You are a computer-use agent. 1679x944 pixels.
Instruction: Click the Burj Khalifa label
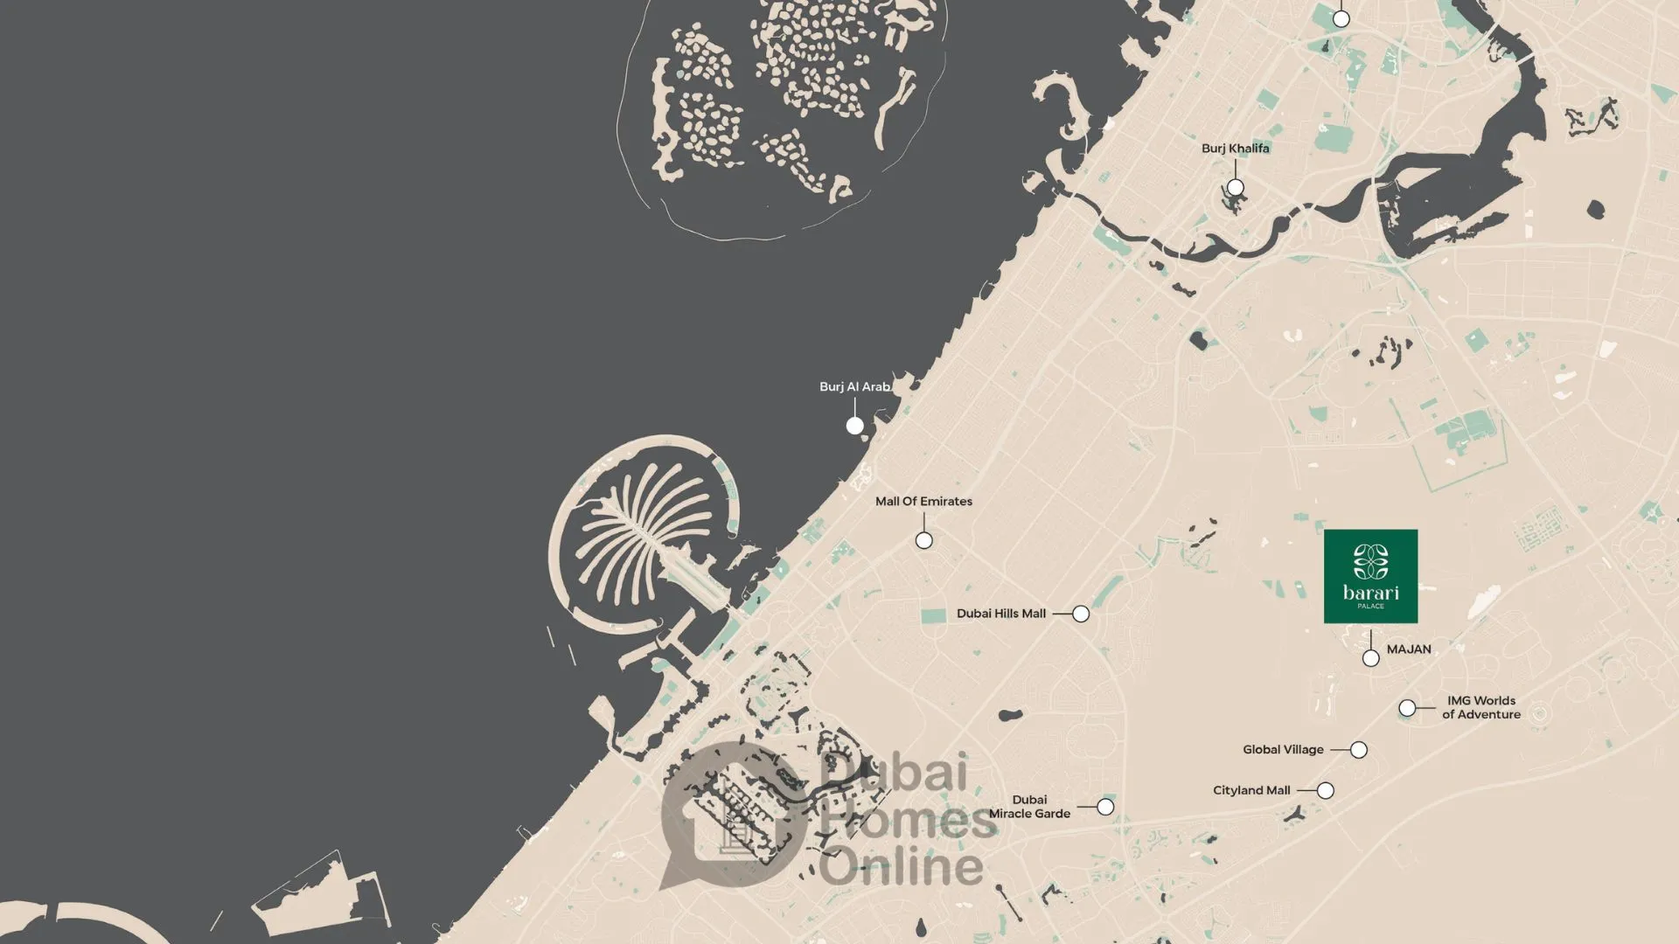(x=1235, y=149)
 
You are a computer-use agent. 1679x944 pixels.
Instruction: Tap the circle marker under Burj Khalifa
(x=1235, y=187)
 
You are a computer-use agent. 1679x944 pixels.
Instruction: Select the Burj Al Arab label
(x=854, y=386)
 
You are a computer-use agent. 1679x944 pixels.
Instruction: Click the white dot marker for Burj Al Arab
(x=854, y=426)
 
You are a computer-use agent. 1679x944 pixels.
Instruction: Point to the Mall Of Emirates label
(x=923, y=501)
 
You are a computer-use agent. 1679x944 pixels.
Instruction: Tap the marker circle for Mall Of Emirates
(x=923, y=540)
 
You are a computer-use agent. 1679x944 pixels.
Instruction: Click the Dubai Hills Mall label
(x=1000, y=614)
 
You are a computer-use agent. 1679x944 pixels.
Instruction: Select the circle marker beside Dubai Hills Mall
(x=1081, y=614)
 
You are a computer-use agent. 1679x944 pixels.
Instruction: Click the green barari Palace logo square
(x=1370, y=576)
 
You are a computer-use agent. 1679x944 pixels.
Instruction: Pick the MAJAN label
(x=1409, y=649)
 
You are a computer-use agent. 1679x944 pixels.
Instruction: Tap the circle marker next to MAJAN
(x=1370, y=658)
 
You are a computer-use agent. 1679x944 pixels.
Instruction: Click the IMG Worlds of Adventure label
(x=1481, y=707)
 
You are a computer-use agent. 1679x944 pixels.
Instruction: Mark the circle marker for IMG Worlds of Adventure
(x=1407, y=708)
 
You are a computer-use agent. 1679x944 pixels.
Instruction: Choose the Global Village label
(x=1283, y=750)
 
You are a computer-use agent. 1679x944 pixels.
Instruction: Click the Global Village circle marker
(x=1358, y=750)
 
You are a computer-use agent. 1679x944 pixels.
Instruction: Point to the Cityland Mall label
(x=1251, y=790)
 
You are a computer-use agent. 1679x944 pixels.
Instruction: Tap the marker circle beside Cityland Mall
(x=1326, y=790)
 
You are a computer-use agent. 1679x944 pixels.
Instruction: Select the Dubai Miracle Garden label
(x=1029, y=807)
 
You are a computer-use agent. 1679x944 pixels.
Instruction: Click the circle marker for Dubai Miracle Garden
(x=1105, y=807)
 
